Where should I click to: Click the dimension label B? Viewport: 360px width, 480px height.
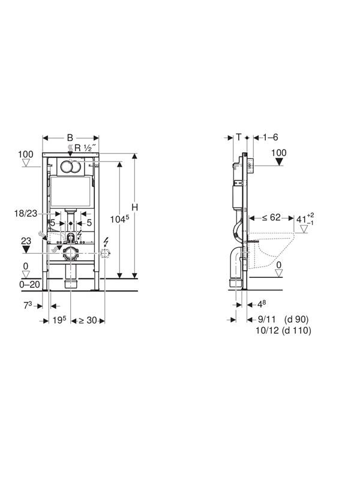70,137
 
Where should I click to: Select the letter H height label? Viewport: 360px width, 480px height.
134,207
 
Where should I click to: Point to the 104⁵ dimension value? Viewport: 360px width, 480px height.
119,218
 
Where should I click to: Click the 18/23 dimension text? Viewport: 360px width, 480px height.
26,213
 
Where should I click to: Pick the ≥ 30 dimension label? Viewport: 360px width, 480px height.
88,320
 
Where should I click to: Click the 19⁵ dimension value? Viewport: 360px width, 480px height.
59,320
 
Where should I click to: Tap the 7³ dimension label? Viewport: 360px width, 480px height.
28,305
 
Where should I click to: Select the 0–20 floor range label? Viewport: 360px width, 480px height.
29,284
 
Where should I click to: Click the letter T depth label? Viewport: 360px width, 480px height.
239,137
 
